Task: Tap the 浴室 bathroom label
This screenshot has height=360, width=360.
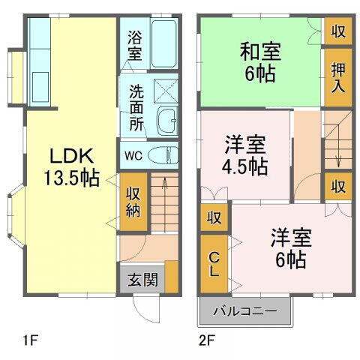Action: click(x=134, y=45)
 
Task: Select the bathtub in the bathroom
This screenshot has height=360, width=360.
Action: click(x=164, y=43)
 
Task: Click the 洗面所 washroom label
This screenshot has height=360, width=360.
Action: click(x=136, y=109)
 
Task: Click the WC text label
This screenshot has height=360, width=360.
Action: click(x=133, y=156)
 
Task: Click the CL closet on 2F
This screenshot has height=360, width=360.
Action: click(x=214, y=263)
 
